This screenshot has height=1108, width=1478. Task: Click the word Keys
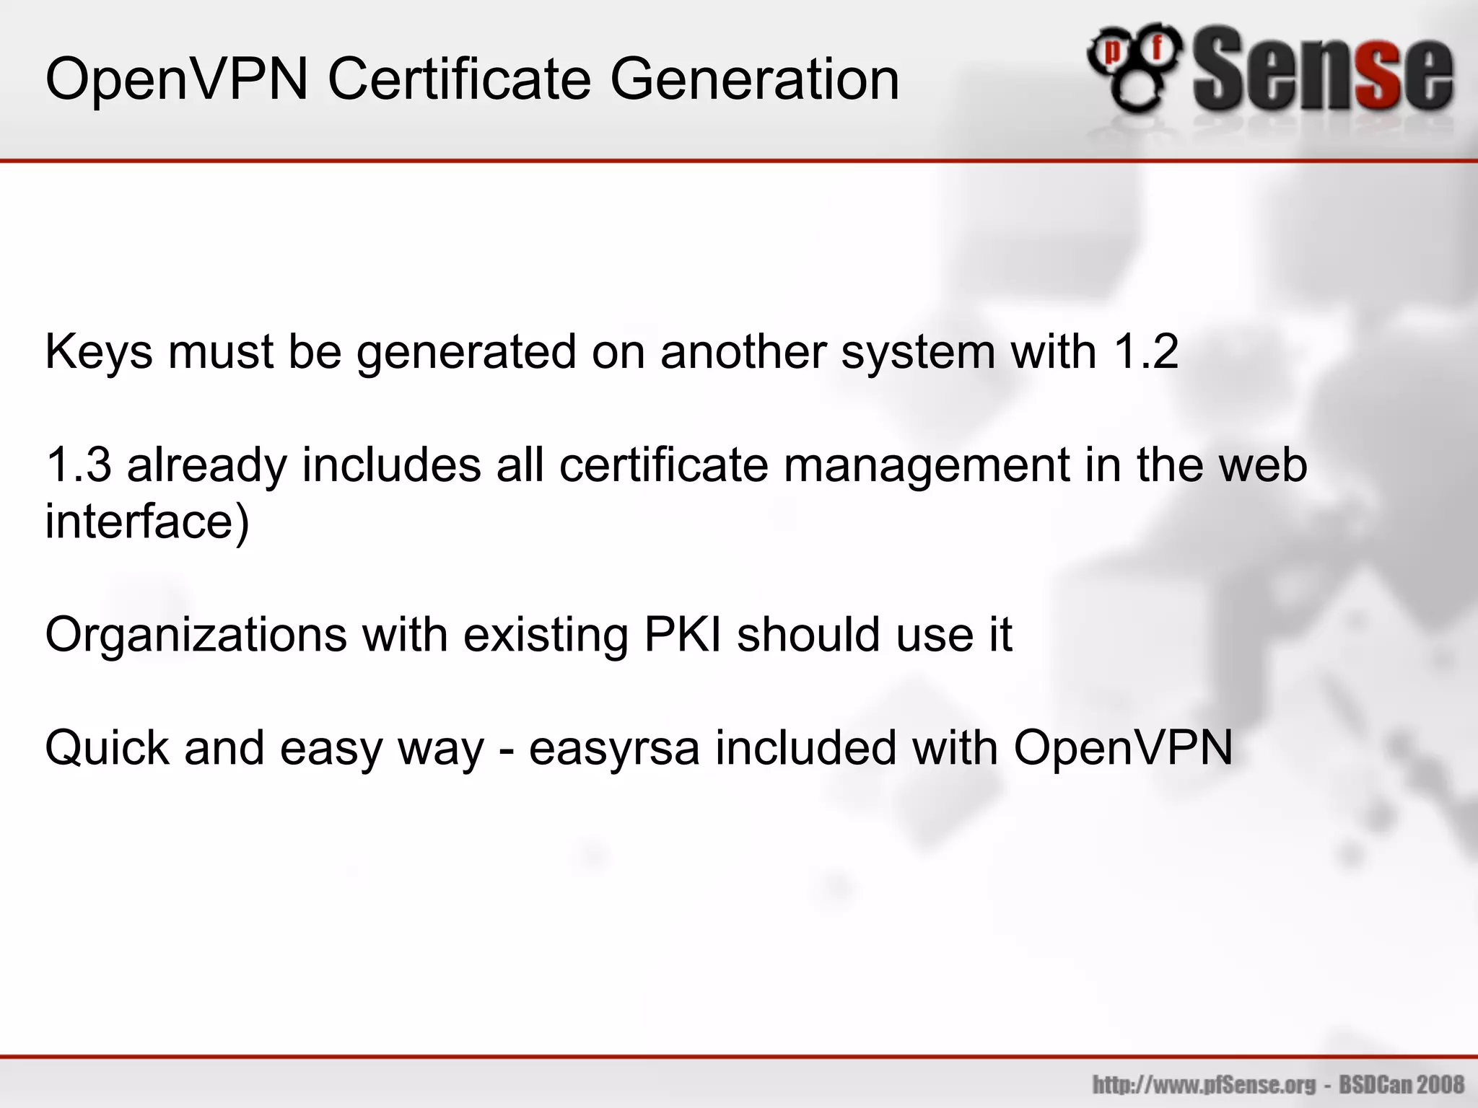click(99, 352)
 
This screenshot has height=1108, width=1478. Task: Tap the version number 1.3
click(78, 465)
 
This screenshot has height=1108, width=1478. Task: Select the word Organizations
click(196, 635)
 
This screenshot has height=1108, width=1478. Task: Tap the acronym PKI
click(682, 635)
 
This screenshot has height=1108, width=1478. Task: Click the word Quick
click(107, 748)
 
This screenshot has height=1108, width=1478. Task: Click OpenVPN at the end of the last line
click(1123, 748)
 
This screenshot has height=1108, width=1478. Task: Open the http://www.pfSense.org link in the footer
click(1204, 1084)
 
